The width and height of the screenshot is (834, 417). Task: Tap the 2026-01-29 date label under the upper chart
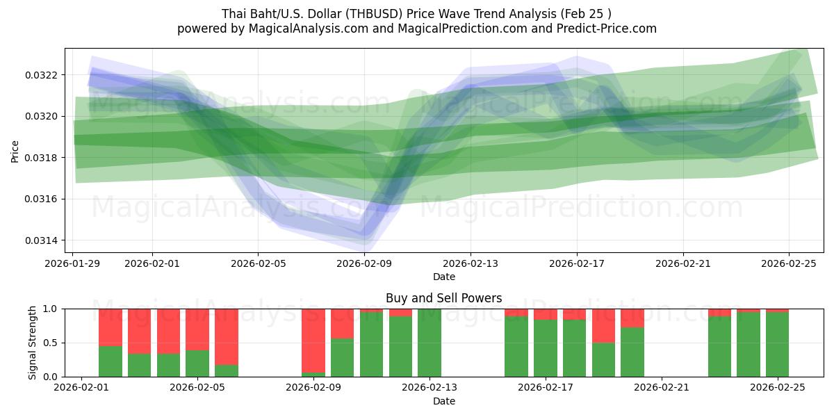73,263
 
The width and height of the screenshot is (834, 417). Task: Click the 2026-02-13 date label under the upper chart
471,263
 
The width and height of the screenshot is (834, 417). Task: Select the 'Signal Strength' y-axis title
33,343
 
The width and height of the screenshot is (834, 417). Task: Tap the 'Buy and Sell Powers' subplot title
443,298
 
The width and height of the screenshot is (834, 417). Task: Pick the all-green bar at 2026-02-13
430,343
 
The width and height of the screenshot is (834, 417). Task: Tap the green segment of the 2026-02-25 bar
777,345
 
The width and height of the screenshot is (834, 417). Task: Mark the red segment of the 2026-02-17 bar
546,314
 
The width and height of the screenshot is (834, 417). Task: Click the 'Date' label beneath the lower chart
443,401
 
